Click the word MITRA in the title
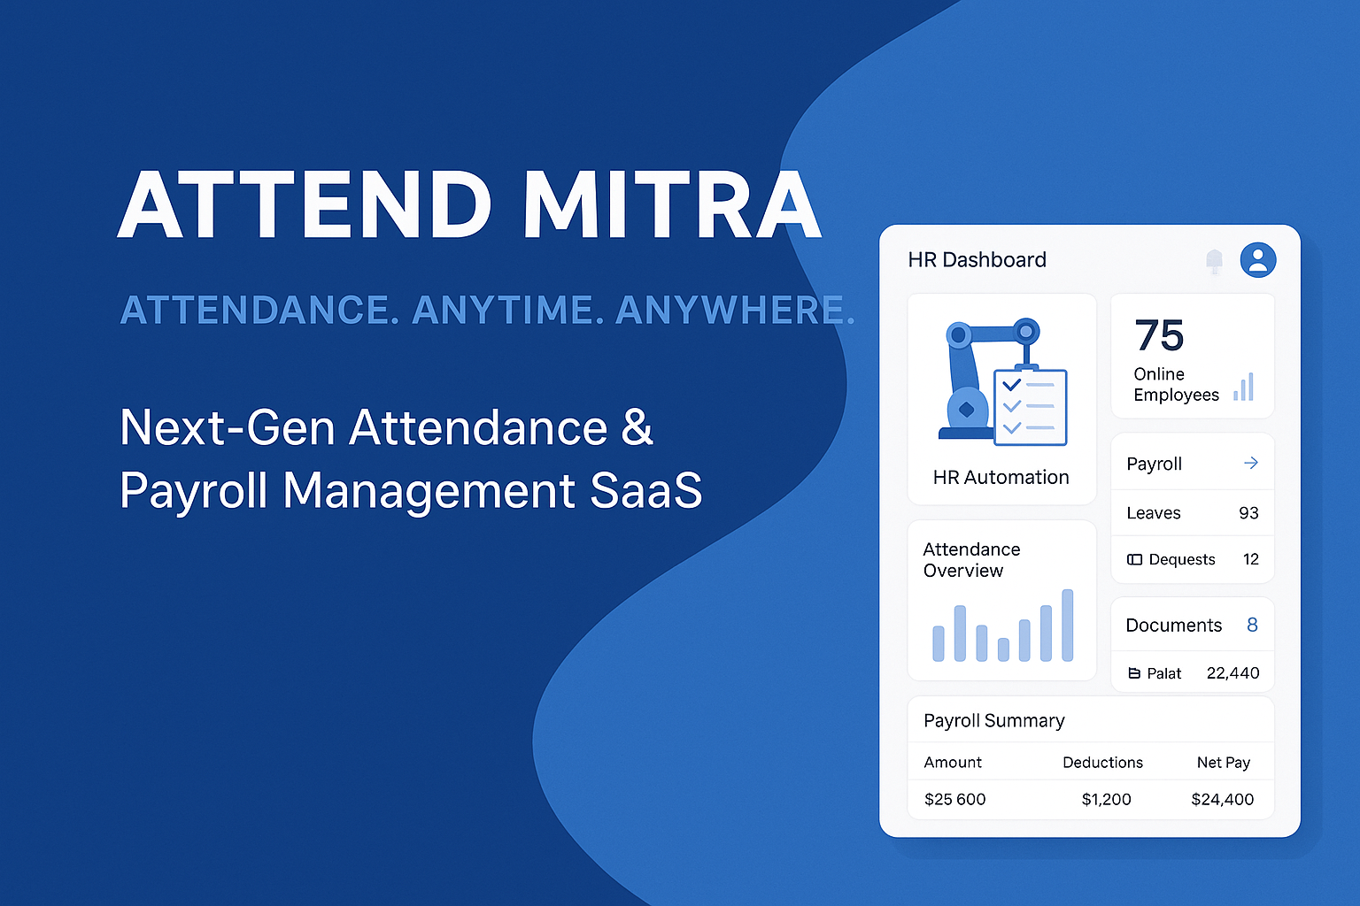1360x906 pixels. tap(673, 205)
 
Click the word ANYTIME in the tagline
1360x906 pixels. tap(507, 311)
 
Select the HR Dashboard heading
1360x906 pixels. tap(977, 260)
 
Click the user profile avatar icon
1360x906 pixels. tap(1257, 260)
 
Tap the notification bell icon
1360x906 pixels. tap(1214, 260)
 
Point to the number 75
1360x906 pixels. tap(1159, 336)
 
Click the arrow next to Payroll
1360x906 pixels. tap(1250, 463)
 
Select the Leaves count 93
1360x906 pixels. tap(1248, 513)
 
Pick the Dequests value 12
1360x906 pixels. tap(1250, 559)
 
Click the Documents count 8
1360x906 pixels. tap(1252, 625)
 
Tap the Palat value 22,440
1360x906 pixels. tap(1232, 673)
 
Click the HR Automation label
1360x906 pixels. tap(1001, 478)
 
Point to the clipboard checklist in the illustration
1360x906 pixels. tap(1030, 406)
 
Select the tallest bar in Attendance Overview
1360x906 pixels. tap(1067, 625)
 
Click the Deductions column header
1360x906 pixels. tap(1102, 763)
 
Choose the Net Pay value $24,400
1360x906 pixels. tap(1222, 800)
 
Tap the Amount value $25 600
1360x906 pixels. tap(954, 800)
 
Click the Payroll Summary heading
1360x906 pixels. tap(993, 721)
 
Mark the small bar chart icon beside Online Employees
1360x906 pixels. tap(1244, 388)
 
